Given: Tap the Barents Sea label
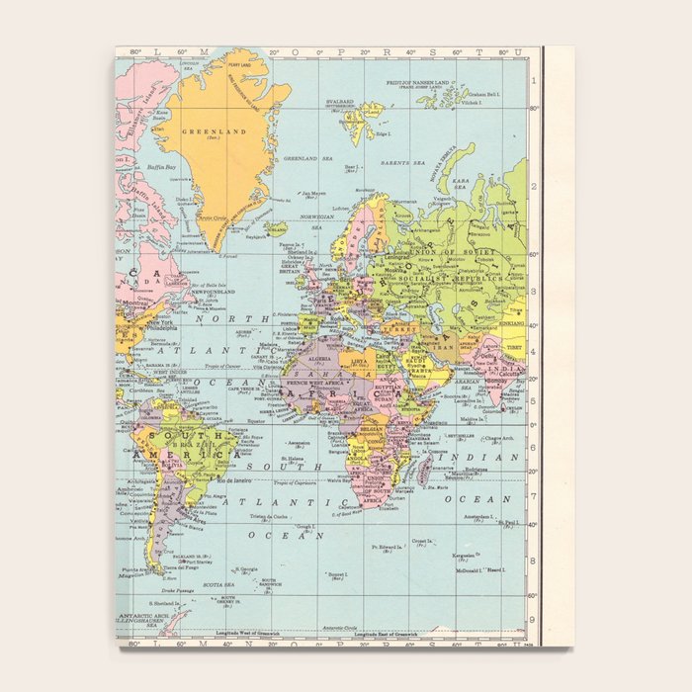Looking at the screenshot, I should tap(405, 162).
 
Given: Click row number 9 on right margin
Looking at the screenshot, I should tap(533, 620).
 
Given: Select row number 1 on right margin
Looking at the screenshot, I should tap(533, 82).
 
